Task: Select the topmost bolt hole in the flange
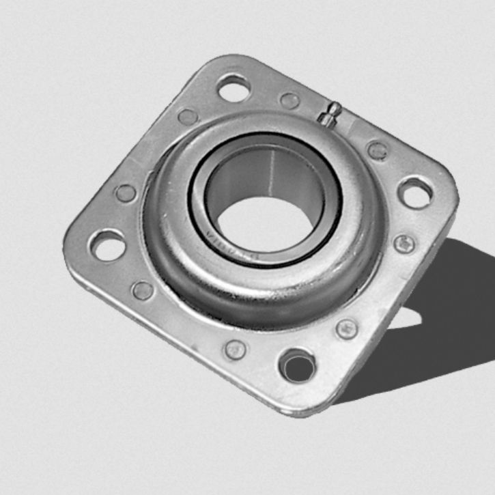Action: pos(234,87)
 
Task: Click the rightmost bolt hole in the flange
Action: pos(415,192)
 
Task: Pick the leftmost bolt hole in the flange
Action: pos(108,244)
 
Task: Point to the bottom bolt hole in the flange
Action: pos(298,367)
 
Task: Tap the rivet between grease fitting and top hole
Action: pos(289,100)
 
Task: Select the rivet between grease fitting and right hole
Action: pos(377,150)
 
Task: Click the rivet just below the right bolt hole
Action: pos(404,243)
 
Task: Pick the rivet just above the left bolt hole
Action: pos(126,193)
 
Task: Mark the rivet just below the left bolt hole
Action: pos(143,291)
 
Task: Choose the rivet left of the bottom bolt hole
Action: pos(236,350)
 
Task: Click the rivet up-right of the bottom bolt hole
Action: pos(347,328)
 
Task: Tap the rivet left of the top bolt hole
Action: pos(187,116)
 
